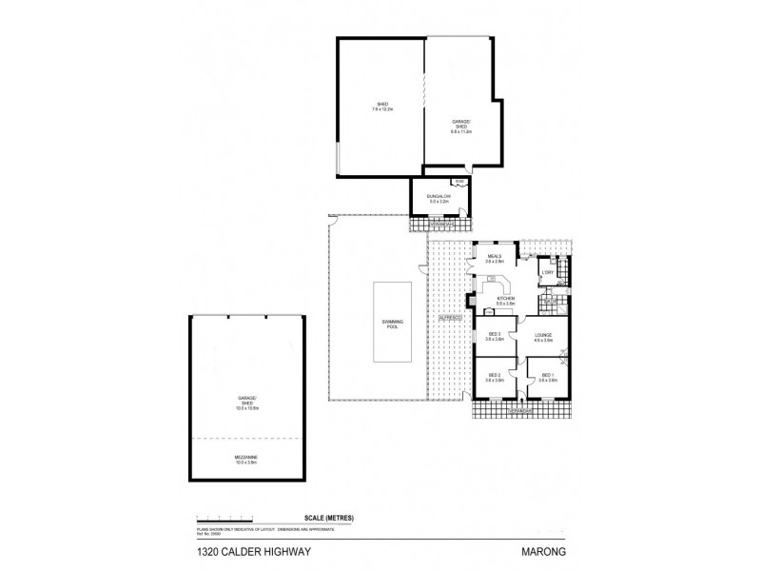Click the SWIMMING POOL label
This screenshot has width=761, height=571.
[x=394, y=326]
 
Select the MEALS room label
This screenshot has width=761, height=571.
[x=494, y=258]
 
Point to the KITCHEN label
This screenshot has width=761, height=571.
[x=505, y=301]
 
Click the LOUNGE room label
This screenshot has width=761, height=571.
[x=543, y=336]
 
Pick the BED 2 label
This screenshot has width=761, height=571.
[x=494, y=377]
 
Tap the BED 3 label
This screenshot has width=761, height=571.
[x=494, y=336]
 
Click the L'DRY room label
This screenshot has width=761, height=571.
[x=547, y=273]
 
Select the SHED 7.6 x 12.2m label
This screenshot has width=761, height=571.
[x=381, y=107]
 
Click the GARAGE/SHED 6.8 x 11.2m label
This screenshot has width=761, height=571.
[x=459, y=126]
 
